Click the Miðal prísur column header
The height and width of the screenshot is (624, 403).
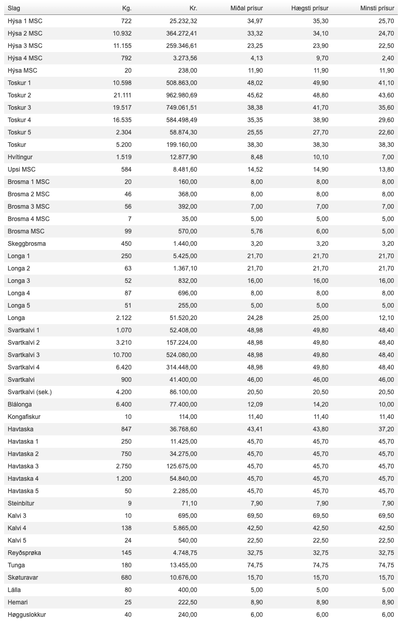click(x=246, y=8)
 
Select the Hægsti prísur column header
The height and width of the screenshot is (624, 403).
click(x=310, y=8)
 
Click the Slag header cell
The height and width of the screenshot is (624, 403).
click(x=14, y=8)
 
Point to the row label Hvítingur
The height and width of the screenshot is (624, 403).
click(x=20, y=157)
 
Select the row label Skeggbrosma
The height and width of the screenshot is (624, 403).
click(x=27, y=244)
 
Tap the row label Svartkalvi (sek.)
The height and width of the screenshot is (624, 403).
click(x=30, y=392)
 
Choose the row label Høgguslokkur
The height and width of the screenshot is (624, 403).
click(x=27, y=615)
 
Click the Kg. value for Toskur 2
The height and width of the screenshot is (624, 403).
click(x=122, y=95)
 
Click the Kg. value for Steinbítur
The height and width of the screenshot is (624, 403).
click(x=129, y=503)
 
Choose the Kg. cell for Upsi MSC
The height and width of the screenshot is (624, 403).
click(x=125, y=170)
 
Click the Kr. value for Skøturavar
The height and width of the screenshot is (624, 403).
click(x=182, y=578)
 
